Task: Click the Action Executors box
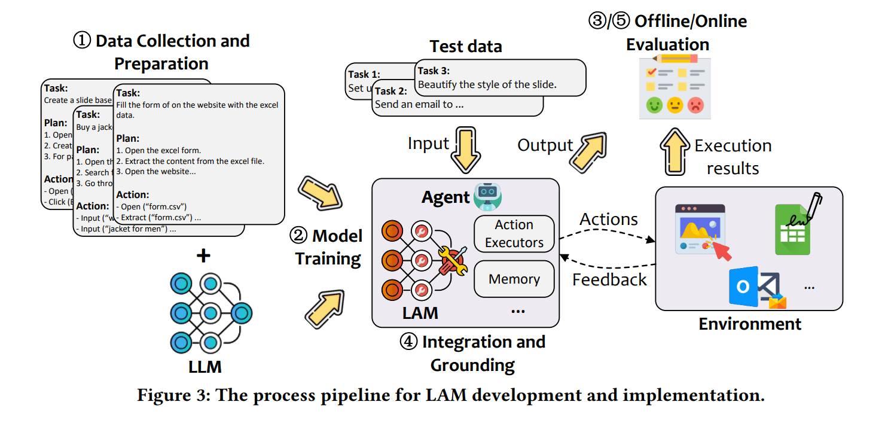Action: point(514,234)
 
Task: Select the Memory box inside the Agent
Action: point(514,279)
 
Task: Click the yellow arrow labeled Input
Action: point(466,148)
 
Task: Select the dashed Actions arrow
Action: point(606,237)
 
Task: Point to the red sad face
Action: point(695,106)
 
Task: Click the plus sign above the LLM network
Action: point(204,256)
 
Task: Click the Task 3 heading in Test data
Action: point(434,71)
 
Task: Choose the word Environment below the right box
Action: point(750,324)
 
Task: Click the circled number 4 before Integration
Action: point(409,342)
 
